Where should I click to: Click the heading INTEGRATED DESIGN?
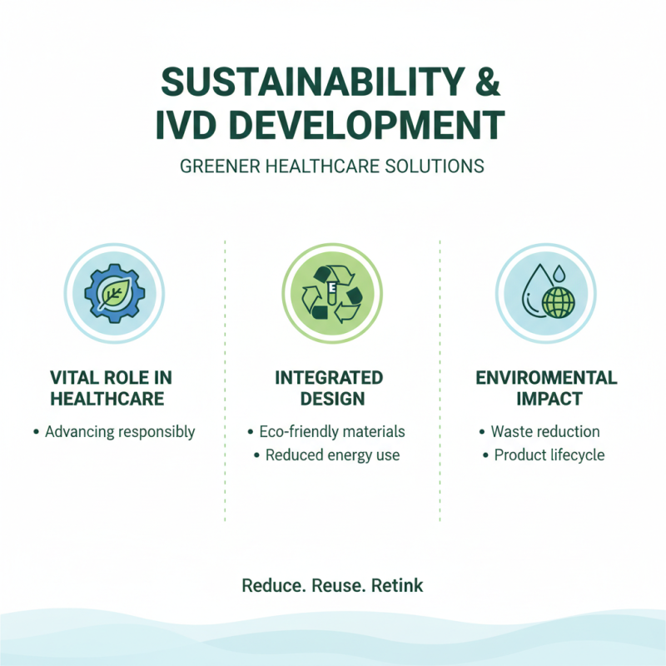pyautogui.click(x=329, y=387)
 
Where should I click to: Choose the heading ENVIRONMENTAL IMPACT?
pyautogui.click(x=546, y=387)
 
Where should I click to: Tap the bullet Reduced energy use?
pyautogui.click(x=332, y=455)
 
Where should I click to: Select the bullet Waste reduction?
pyautogui.click(x=545, y=431)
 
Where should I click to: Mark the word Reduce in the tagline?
pyautogui.click(x=272, y=585)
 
